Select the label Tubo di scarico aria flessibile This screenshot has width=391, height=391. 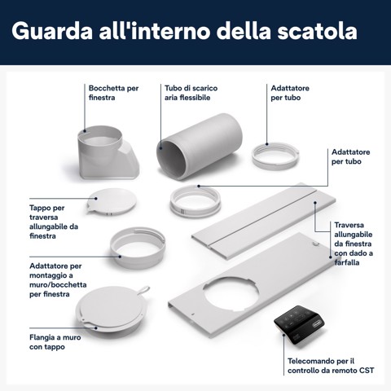[191, 91]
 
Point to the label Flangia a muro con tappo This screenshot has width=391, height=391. [37, 341]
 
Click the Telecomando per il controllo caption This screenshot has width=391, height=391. [321, 364]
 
